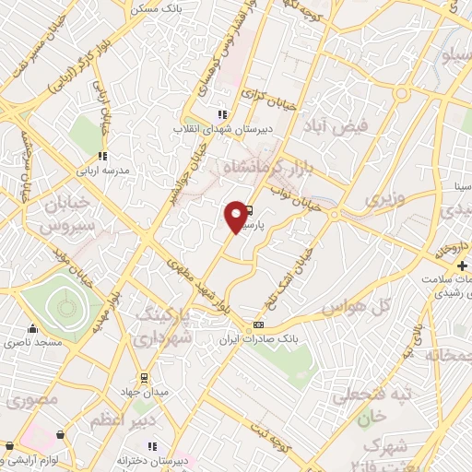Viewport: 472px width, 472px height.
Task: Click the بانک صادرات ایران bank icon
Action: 259,324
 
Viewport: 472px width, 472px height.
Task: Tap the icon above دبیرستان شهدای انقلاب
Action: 221,114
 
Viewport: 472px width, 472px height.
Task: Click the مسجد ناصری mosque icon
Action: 33,329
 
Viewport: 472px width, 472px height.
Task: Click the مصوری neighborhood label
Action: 33,400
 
